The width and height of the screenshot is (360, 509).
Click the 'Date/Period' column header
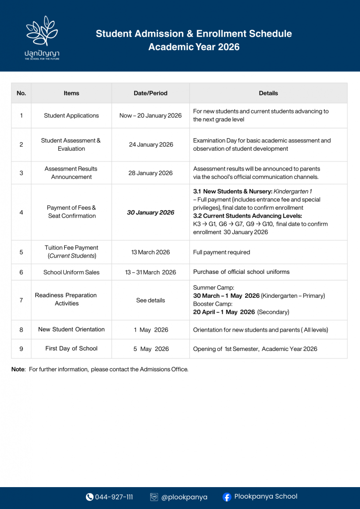[151, 93]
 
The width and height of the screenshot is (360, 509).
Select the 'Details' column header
[269, 93]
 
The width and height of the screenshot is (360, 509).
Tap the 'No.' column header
[21, 93]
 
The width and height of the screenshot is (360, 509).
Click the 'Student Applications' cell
[72, 116]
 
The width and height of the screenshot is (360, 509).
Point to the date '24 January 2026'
[151, 145]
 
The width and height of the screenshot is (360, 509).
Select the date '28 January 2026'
[151, 173]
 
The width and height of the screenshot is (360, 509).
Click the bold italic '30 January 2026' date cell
[151, 212]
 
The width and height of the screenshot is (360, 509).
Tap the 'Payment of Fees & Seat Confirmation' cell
[72, 212]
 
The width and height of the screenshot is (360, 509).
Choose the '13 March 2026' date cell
[151, 252]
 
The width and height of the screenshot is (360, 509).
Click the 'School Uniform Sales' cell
[72, 272]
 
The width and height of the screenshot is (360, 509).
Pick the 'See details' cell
[151, 300]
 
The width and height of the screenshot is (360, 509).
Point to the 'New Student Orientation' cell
[72, 330]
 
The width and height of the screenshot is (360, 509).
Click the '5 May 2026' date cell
[151, 349]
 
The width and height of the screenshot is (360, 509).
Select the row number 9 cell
[21, 349]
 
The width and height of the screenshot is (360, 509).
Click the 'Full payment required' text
[221, 253]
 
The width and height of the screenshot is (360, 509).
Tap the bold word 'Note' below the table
[18, 369]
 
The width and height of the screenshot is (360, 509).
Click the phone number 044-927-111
[114, 497]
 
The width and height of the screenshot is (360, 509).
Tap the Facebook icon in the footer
[227, 497]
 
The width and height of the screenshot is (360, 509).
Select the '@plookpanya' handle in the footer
[184, 497]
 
